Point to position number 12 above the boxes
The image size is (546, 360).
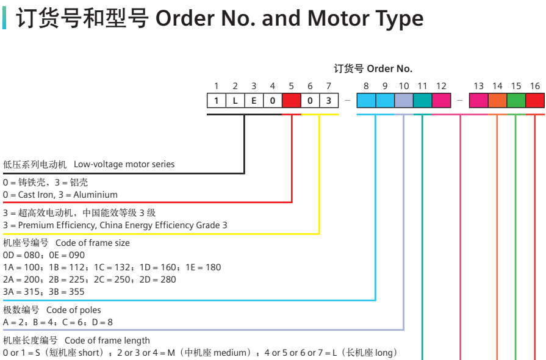pos(441,86)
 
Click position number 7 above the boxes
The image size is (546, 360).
pos(329,86)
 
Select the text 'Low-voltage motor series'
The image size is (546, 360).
pos(124,164)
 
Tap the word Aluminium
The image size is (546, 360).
pos(95,195)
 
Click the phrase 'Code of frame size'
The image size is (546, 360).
pos(93,243)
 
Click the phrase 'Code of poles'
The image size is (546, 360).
pos(74,310)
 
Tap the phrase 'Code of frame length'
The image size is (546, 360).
pos(107,340)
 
